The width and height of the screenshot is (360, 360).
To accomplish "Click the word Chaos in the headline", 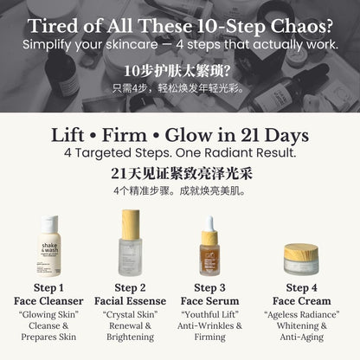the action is pyautogui.click(x=301, y=26).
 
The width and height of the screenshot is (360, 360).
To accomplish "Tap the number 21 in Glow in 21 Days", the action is pyautogui.click(x=250, y=135).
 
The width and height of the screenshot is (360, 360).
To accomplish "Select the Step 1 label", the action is pyautogui.click(x=48, y=287).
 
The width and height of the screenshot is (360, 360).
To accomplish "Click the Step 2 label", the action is pyautogui.click(x=130, y=287).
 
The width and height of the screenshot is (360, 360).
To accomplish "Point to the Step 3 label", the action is pyautogui.click(x=209, y=287).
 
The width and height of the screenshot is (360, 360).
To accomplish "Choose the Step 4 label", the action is pyautogui.click(x=301, y=287).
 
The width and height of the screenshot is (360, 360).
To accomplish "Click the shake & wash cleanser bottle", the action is pyautogui.click(x=49, y=246).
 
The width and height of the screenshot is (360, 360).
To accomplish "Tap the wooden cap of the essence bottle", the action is pyautogui.click(x=131, y=224).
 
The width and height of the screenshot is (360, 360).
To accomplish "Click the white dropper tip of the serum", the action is pyautogui.click(x=210, y=223).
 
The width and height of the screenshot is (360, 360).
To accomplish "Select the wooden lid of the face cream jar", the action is pyautogui.click(x=301, y=251).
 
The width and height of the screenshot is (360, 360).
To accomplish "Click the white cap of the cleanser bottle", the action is pyautogui.click(x=49, y=223).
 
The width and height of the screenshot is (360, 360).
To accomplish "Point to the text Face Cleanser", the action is pyautogui.click(x=48, y=301).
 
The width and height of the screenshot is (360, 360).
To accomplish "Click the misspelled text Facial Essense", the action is pyautogui.click(x=130, y=301).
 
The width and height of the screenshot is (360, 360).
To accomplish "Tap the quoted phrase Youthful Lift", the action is pyautogui.click(x=210, y=314).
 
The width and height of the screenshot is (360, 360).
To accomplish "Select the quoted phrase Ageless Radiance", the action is pyautogui.click(x=302, y=314).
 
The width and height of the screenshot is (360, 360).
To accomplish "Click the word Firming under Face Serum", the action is pyautogui.click(x=210, y=337).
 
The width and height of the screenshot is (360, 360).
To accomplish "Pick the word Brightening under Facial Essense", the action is pyautogui.click(x=130, y=337).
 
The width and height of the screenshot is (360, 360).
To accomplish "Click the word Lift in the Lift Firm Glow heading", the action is pyautogui.click(x=67, y=135).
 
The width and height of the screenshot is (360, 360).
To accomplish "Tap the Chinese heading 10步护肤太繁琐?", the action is pyautogui.click(x=177, y=71).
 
